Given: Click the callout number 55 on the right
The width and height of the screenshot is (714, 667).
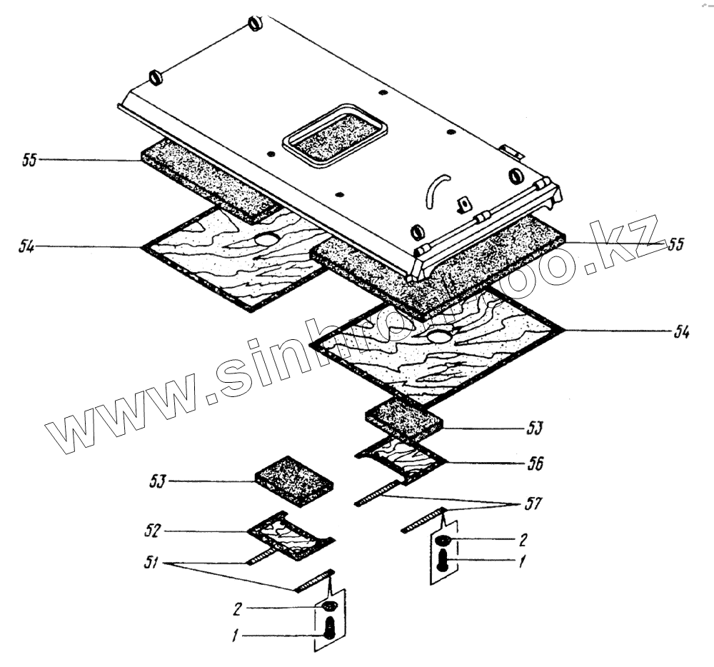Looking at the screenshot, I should click(674, 244).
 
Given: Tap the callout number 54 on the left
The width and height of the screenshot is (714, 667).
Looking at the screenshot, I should click(29, 246).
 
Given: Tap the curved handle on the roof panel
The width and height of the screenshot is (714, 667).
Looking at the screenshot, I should click(435, 190).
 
